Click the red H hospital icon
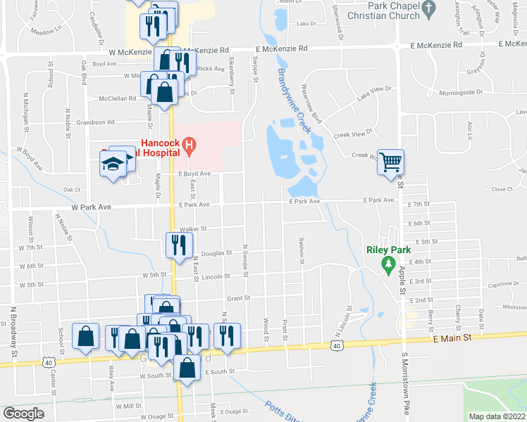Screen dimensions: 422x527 (x=188, y=146)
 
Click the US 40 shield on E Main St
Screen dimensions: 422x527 (x=337, y=346)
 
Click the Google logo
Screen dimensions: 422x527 (x=23, y=414)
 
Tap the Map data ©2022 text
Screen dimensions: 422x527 (x=497, y=416)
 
